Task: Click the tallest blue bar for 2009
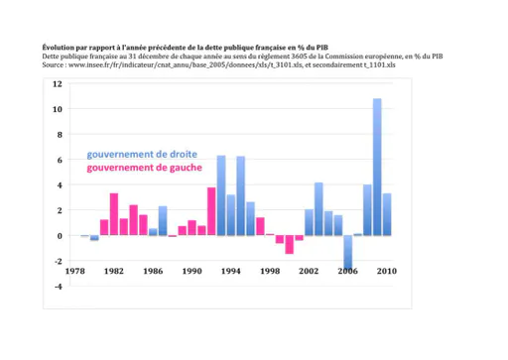coord(377,167)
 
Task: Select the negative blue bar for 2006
coord(348,252)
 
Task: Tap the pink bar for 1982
coord(114,214)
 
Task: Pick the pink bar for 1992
coord(211,211)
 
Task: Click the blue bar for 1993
coord(221,195)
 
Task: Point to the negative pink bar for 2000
coord(290,245)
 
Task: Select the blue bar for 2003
coord(318,209)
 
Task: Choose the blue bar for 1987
coord(163,221)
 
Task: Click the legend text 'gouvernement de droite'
coord(142,155)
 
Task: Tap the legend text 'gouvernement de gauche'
coord(144,168)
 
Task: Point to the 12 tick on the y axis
coord(58,84)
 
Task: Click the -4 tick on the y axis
coord(59,287)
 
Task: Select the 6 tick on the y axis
coord(60,160)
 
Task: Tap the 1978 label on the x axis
coord(75,271)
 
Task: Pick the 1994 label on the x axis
coord(231,271)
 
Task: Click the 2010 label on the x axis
coord(387,271)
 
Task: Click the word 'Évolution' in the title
coord(56,48)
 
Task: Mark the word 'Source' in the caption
coord(53,64)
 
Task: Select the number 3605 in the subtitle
coord(300,57)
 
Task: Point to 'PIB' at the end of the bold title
coord(322,48)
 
